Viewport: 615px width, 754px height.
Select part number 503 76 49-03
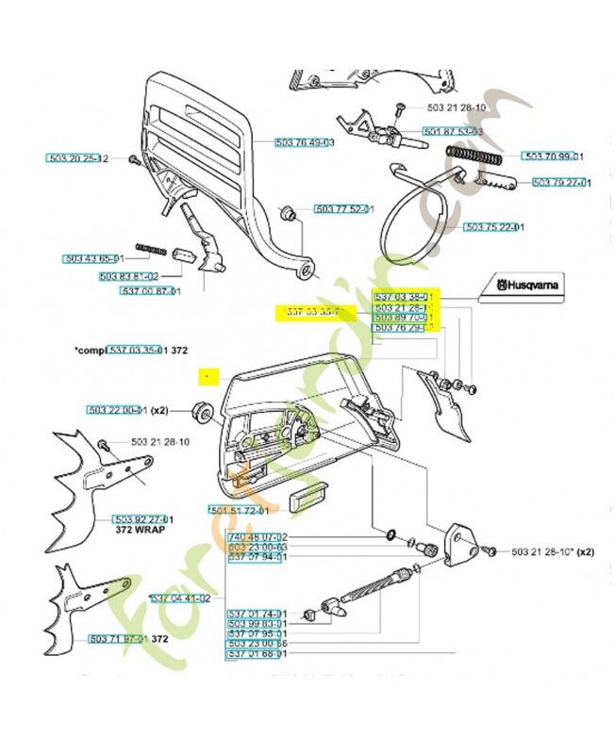(x=305, y=142)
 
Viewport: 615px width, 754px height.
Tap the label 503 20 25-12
(x=79, y=157)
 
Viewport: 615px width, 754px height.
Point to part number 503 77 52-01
(x=344, y=209)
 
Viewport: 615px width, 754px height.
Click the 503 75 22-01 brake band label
(x=494, y=227)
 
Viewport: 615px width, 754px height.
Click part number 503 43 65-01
(x=93, y=258)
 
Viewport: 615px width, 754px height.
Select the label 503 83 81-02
(x=128, y=276)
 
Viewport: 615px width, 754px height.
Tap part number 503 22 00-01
(x=117, y=411)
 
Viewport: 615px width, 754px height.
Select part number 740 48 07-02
(x=258, y=536)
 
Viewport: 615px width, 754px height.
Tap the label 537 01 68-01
(x=257, y=653)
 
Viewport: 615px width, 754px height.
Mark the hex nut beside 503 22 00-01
(x=201, y=411)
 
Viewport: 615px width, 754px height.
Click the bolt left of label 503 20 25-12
(x=132, y=159)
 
